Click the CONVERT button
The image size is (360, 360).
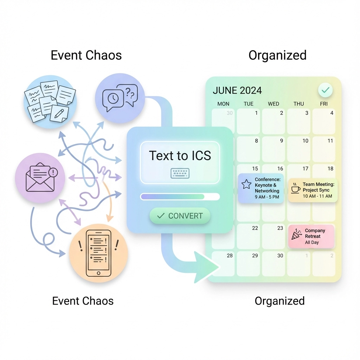[x=180, y=216]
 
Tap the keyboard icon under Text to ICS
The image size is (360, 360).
[x=180, y=173]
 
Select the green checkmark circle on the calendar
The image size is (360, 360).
[x=326, y=90]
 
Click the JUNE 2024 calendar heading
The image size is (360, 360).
[x=237, y=90]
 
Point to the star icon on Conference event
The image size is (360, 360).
[x=246, y=184]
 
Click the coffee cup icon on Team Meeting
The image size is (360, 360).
[x=295, y=188]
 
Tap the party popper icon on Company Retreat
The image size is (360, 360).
[x=296, y=234]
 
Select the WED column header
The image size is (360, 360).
[x=274, y=104]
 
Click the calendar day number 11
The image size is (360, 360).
[x=330, y=141]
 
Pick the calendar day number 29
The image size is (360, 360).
[x=255, y=256]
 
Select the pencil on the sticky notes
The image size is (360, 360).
[x=59, y=114]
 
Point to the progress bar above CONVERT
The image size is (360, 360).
[x=180, y=197]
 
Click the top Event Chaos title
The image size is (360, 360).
[x=86, y=55]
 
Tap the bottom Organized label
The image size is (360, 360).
[x=279, y=301]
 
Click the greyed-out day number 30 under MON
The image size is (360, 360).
[x=230, y=113]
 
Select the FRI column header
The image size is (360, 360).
[x=324, y=104]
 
